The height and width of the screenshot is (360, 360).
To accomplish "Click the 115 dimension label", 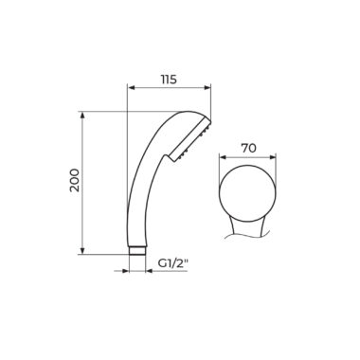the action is pyautogui.click(x=169, y=80).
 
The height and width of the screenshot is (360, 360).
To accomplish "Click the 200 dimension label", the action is pyautogui.click(x=75, y=180).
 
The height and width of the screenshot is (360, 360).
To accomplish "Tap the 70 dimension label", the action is pyautogui.click(x=248, y=148).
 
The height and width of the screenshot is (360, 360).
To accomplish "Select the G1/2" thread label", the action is pyautogui.click(x=173, y=262).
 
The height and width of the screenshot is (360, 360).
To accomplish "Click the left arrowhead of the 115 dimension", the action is pyautogui.click(x=131, y=88).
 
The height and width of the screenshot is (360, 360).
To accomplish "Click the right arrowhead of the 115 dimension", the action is pyautogui.click(x=207, y=88).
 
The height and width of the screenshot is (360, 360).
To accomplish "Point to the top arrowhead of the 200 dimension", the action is pyautogui.click(x=82, y=116).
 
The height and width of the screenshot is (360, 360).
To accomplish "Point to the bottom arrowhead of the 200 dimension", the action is pyautogui.click(x=82, y=250).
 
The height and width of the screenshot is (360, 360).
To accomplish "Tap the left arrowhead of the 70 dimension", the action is pyautogui.click(x=224, y=156).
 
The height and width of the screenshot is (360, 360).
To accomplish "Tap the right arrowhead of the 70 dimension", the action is pyautogui.click(x=272, y=156).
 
